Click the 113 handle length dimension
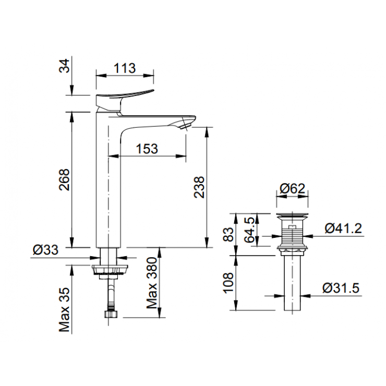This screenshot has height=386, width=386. (x=125, y=68)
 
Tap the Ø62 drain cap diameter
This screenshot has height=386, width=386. (x=292, y=190)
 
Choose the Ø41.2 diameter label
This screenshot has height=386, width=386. (x=343, y=228)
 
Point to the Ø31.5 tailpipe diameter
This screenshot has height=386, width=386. (x=341, y=287)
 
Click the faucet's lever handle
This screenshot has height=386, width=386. (x=125, y=96)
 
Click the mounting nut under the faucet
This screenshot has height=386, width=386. (x=110, y=269)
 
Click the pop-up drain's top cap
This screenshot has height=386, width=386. (x=292, y=215)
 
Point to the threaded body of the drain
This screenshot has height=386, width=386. (x=292, y=235)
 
